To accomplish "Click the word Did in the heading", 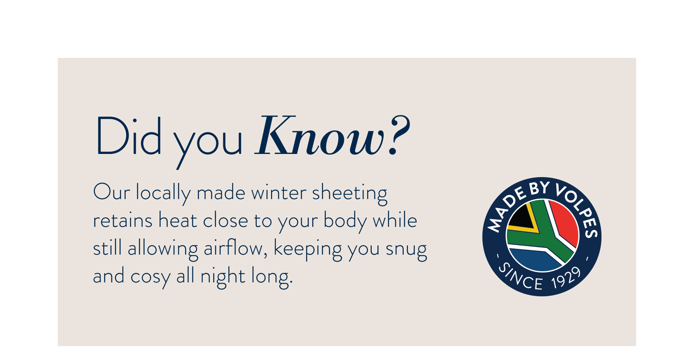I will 129,136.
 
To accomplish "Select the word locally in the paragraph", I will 163,193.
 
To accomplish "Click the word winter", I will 279,193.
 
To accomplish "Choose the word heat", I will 178,221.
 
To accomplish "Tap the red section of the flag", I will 565,221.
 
